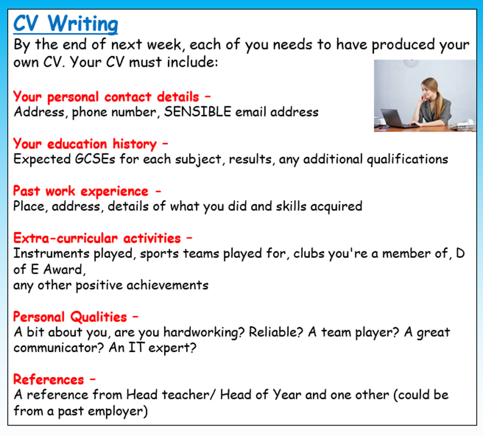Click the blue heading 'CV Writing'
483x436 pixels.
pyautogui.click(x=66, y=24)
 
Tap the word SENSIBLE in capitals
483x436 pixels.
pyautogui.click(x=198, y=112)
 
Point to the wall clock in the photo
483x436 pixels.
pyautogui.click(x=411, y=63)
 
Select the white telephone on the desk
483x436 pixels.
pyautogui.click(x=462, y=125)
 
